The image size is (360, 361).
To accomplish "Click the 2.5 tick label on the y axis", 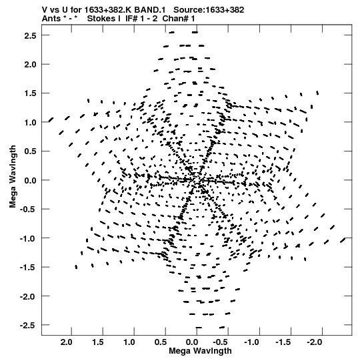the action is (x=30, y=35).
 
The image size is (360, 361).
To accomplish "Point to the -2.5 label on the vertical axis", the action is (x=28, y=326).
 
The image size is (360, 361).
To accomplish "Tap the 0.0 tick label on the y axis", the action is (x=30, y=180).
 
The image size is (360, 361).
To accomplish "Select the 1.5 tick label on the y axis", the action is (x=30, y=93).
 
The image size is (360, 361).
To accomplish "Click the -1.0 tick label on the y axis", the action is (x=28, y=238).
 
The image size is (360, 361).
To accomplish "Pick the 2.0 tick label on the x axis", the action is (x=66, y=342).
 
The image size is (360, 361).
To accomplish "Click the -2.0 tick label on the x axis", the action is (x=314, y=342).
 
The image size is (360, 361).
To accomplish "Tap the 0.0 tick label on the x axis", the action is (x=191, y=342).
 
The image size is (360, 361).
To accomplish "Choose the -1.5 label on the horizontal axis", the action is (x=283, y=342).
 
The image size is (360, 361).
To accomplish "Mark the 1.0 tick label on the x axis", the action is (x=129, y=342).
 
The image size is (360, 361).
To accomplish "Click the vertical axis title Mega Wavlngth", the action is (x=13, y=177).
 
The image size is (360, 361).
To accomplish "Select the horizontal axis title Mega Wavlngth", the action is (x=200, y=351).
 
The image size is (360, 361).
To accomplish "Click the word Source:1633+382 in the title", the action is (x=209, y=10).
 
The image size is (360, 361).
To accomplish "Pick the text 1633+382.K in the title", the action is (x=108, y=10).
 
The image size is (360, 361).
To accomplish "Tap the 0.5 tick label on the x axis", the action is (x=160, y=342).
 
